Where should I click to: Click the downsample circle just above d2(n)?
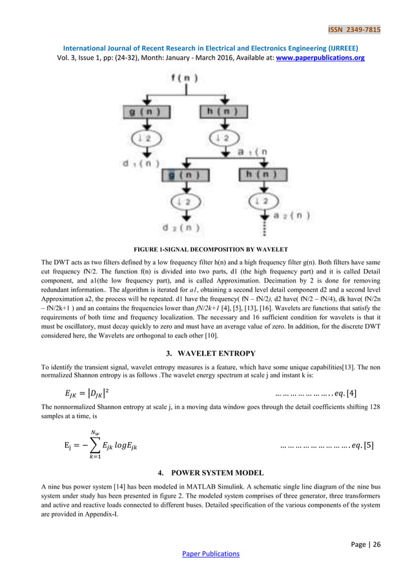[183, 202]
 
